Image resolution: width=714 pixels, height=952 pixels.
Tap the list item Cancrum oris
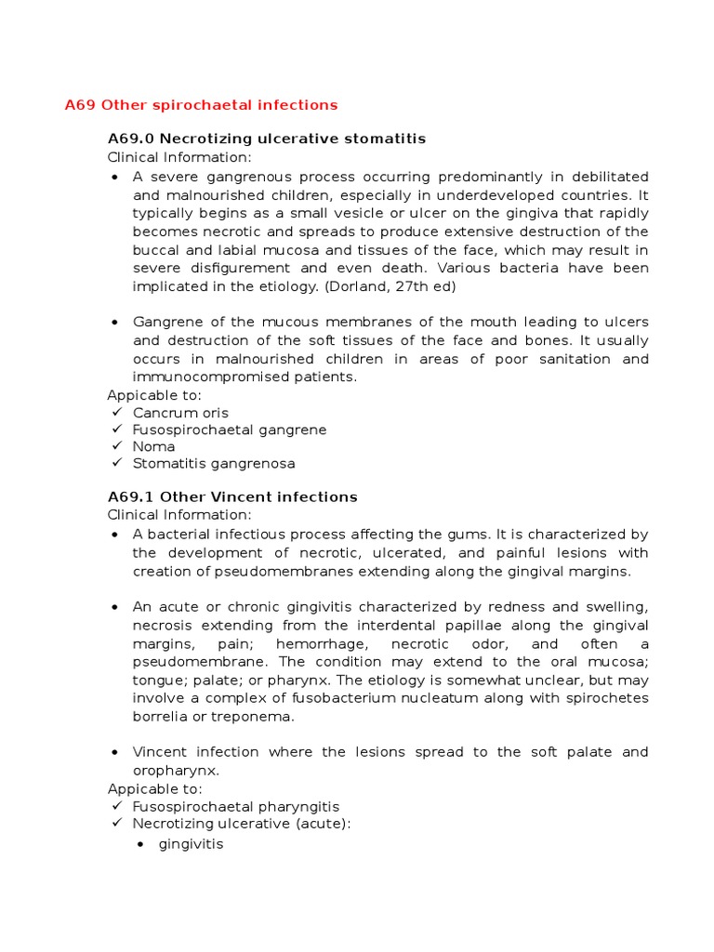coord(180,413)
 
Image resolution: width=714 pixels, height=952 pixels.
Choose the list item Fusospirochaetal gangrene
coord(230,430)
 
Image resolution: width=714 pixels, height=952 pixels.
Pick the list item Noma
coord(153,446)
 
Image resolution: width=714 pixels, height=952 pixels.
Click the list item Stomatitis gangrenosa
coord(214,463)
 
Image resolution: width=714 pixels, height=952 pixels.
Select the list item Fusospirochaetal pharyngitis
coord(236,807)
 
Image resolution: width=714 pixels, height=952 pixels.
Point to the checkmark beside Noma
coord(115,446)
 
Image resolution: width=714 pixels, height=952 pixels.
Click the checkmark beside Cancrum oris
coord(115,413)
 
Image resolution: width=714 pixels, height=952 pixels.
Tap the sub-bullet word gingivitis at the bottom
coord(192,845)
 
